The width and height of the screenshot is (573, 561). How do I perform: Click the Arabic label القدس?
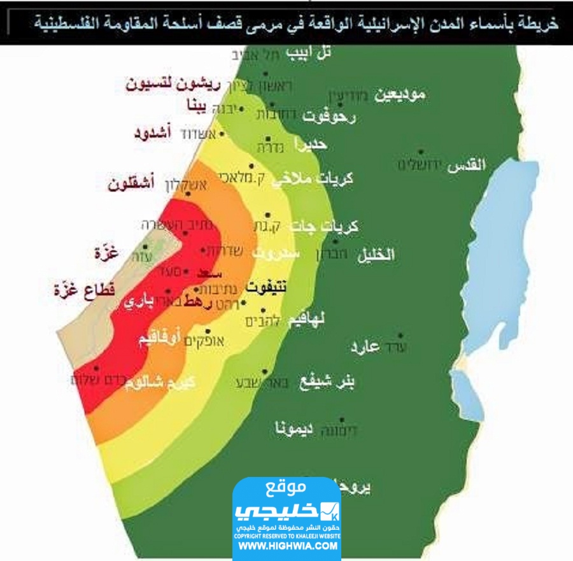(x=467, y=165)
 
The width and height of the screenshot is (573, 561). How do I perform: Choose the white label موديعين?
(x=399, y=96)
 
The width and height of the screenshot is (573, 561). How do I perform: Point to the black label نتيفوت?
(x=265, y=288)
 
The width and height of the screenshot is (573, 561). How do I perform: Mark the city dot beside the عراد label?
(x=400, y=336)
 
